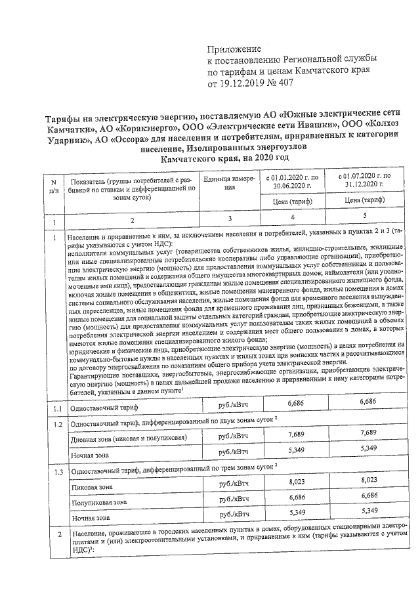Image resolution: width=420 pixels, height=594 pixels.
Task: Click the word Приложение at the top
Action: [234, 49]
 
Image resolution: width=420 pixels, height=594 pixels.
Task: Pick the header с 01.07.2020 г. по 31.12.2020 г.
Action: [363, 181]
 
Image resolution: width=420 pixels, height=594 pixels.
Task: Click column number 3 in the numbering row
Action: [228, 217]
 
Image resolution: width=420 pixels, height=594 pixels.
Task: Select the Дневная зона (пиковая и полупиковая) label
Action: [129, 438]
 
